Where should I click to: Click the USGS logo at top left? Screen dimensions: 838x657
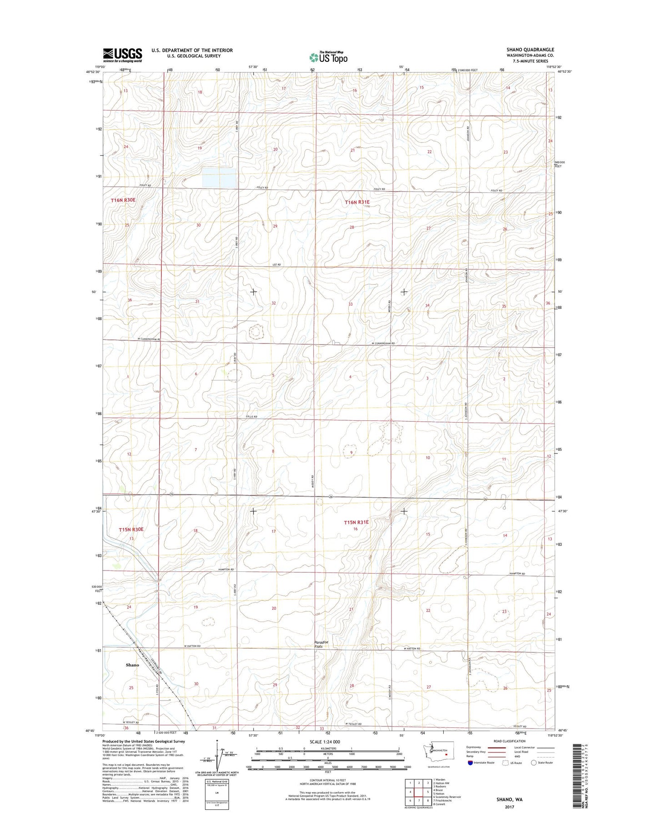[x=122, y=55]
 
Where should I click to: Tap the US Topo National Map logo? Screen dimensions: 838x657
[x=328, y=57]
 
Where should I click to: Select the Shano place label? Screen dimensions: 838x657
[x=132, y=665]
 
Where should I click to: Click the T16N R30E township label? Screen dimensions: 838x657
[x=124, y=200]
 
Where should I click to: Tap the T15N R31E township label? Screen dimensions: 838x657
[x=356, y=523]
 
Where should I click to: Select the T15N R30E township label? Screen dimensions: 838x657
[x=131, y=530]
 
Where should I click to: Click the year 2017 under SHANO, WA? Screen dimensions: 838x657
[x=509, y=807]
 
